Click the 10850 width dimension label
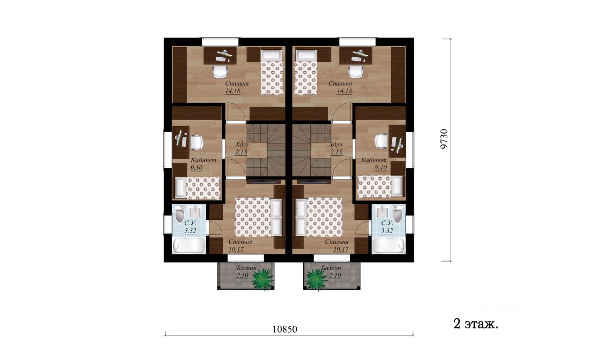click(285, 329)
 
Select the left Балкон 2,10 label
click(245, 271)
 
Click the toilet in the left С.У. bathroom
click(179, 215)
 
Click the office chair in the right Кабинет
click(381, 141)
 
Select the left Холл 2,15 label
click(241, 149)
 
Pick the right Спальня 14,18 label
click(340, 87)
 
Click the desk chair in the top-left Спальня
click(221, 72)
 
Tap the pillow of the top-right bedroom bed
click(306, 56)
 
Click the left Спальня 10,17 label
click(240, 245)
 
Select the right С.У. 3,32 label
click(387, 227)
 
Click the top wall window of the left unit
click(220, 42)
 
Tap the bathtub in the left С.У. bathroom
click(189, 246)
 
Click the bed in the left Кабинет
click(198, 188)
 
